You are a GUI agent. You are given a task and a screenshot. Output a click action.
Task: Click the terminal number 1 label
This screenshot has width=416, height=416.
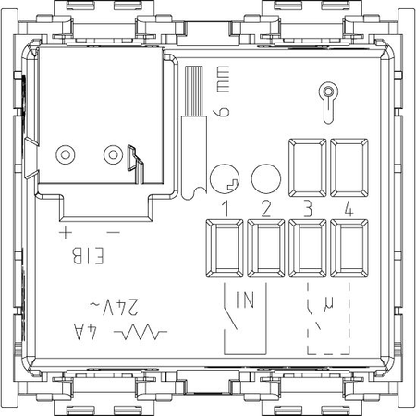point(226,209)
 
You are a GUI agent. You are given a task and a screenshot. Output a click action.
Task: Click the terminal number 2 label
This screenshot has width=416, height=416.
point(266,209)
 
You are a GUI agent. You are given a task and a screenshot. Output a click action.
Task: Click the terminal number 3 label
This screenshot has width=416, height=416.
point(308,209)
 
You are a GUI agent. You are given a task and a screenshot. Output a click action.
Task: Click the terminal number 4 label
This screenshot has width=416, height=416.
point(349,209)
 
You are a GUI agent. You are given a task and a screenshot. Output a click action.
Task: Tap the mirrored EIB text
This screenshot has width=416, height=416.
point(88,256)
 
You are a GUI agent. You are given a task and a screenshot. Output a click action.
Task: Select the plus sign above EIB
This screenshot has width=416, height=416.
point(66,232)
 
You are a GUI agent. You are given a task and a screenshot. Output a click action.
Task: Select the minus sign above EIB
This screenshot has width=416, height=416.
point(113,233)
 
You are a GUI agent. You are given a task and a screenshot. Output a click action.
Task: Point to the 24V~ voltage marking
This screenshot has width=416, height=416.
point(114,307)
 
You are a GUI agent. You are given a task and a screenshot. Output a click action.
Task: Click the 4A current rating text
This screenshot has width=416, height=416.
point(85,332)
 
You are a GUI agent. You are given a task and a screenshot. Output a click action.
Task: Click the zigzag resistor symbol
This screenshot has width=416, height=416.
point(141,332)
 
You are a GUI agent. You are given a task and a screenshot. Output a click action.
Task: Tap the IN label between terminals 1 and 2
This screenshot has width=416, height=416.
point(245,300)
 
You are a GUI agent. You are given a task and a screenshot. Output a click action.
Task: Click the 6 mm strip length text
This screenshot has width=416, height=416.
point(223,92)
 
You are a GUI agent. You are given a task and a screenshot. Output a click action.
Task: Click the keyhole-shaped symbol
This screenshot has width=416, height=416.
point(328,103)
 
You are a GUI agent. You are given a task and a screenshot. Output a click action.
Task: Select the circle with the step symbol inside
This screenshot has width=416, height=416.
point(225,178)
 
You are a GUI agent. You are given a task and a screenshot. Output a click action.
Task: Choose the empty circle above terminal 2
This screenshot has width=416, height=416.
point(266,178)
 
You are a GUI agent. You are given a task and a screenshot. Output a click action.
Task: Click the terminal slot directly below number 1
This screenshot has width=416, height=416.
point(225,249)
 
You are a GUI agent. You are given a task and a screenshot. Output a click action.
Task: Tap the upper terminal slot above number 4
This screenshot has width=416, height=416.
point(349,167)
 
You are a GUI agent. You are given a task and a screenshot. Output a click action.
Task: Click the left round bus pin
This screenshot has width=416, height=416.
point(66,154)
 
